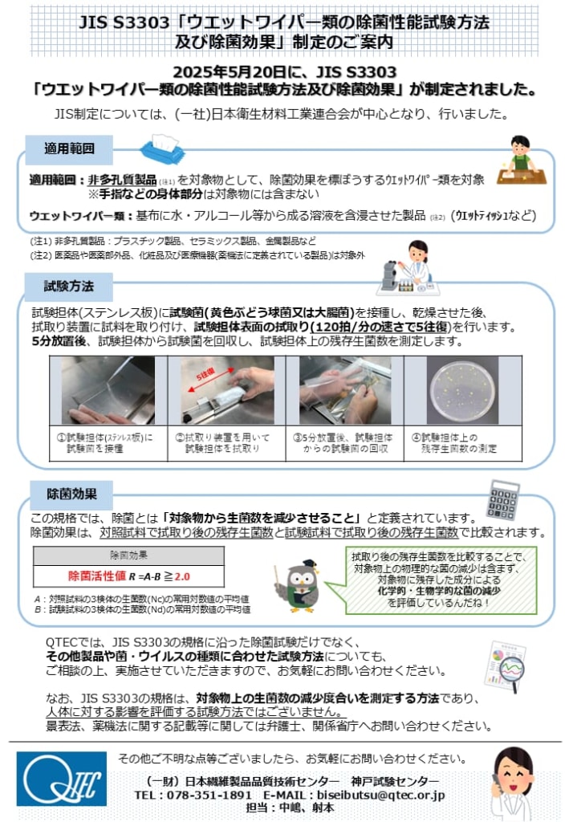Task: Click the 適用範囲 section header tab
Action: pos(71,149)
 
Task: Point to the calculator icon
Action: pos(502,499)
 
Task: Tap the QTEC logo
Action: pos(61,778)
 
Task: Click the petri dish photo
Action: pos(462,390)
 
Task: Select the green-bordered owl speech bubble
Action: pos(437,579)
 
